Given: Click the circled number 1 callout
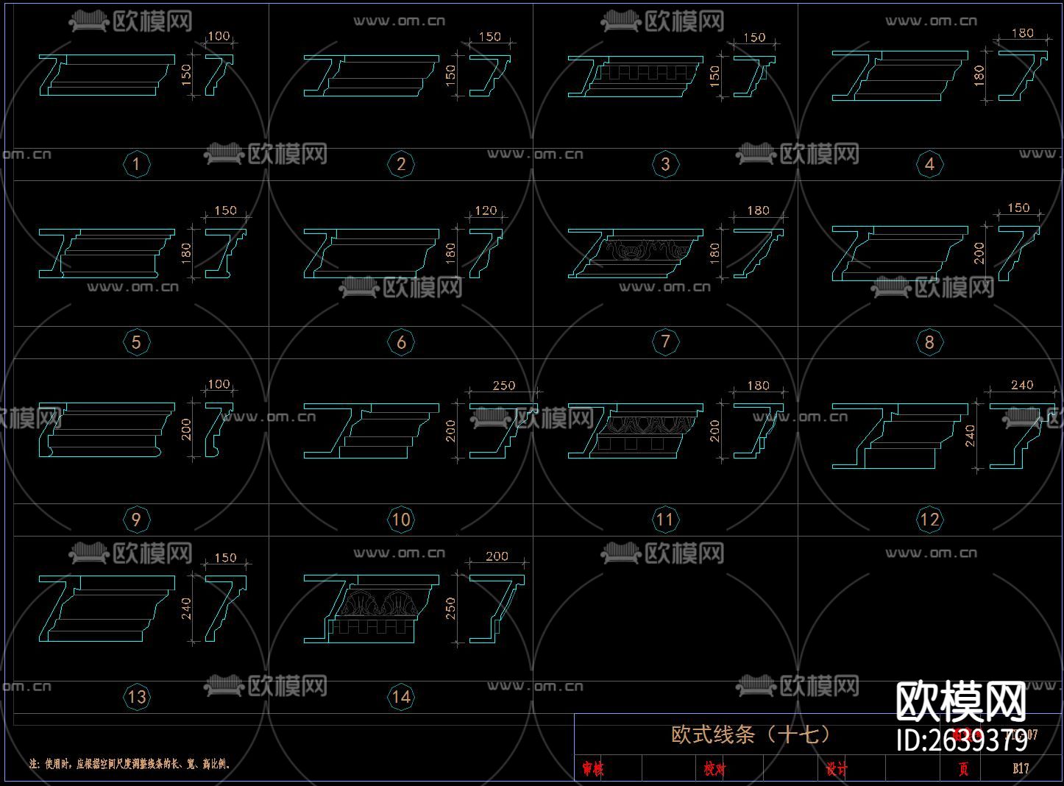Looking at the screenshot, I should pyautogui.click(x=136, y=163).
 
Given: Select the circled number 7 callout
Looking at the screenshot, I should pyautogui.click(x=665, y=341).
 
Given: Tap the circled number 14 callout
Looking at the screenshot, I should pyautogui.click(x=401, y=696).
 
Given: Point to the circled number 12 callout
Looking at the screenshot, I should pyautogui.click(x=929, y=520).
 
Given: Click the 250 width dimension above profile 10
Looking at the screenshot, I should pyautogui.click(x=503, y=386).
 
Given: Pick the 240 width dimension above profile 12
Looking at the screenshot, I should pyautogui.click(x=1022, y=385).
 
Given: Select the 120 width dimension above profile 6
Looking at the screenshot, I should pyautogui.click(x=486, y=210).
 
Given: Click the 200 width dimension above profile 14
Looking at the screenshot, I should pyautogui.click(x=497, y=556).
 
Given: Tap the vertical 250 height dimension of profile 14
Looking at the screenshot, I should pyautogui.click(x=450, y=608).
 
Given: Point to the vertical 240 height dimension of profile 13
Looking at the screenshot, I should pyautogui.click(x=186, y=608).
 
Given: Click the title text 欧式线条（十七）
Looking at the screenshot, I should pyautogui.click(x=751, y=734).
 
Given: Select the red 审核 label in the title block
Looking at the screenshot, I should pyautogui.click(x=592, y=769).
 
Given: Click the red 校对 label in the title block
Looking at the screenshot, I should pyautogui.click(x=714, y=769).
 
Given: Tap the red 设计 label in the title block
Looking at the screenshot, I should pyautogui.click(x=836, y=769).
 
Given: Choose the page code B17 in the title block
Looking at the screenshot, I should pyautogui.click(x=1021, y=768).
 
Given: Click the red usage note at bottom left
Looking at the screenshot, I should pyautogui.click(x=130, y=764).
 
